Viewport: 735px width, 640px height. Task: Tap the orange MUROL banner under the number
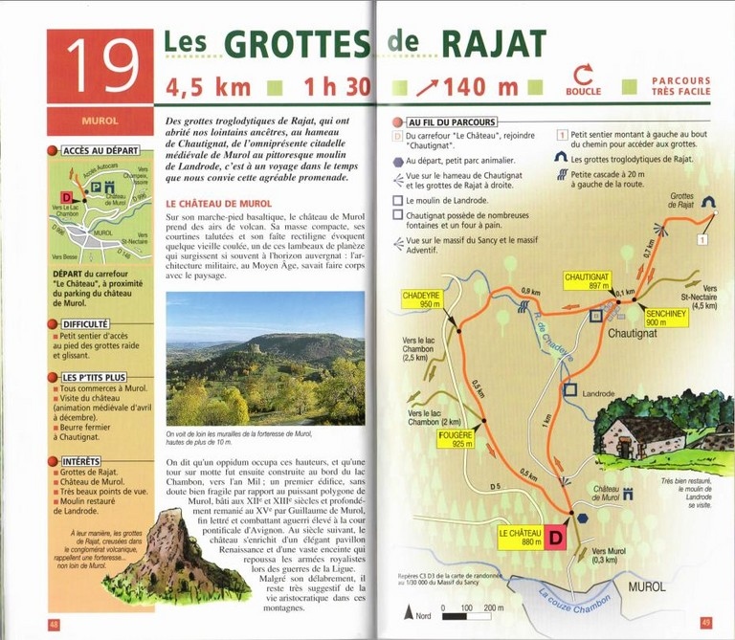pyautogui.click(x=100, y=122)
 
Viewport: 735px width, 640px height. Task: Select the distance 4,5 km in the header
pyautogui.click(x=209, y=87)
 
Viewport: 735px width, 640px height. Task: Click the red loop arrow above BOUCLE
pyautogui.click(x=583, y=76)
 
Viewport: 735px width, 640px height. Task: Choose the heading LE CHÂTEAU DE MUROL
pyautogui.click(x=219, y=204)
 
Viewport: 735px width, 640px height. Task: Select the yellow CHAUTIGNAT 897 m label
pyautogui.click(x=587, y=280)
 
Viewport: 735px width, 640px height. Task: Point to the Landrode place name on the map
pyautogui.click(x=599, y=393)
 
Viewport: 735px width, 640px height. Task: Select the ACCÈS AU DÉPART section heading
pyautogui.click(x=100, y=151)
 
